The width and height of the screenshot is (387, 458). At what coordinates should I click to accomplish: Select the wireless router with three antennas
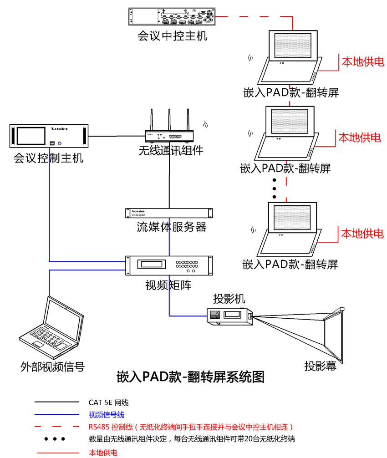(x=169, y=135)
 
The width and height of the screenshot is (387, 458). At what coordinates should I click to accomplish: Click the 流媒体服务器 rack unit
(x=169, y=213)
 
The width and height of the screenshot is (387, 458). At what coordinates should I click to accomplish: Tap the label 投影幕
(x=320, y=366)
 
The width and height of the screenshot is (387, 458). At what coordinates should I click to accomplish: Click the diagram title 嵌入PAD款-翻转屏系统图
(x=190, y=377)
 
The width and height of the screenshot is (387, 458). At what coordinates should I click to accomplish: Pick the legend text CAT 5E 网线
(x=109, y=402)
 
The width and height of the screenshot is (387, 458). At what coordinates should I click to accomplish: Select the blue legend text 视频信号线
(x=107, y=415)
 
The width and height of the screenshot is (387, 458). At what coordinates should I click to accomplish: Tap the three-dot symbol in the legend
(x=55, y=439)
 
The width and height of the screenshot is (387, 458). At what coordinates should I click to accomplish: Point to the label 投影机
(x=229, y=299)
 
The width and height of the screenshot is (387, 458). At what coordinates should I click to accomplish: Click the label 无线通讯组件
(x=171, y=150)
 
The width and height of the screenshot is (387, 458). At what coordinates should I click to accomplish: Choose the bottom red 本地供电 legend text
(x=103, y=453)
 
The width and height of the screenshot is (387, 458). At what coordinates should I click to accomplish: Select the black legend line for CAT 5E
(x=57, y=402)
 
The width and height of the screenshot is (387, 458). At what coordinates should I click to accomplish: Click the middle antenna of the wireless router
(x=169, y=119)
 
